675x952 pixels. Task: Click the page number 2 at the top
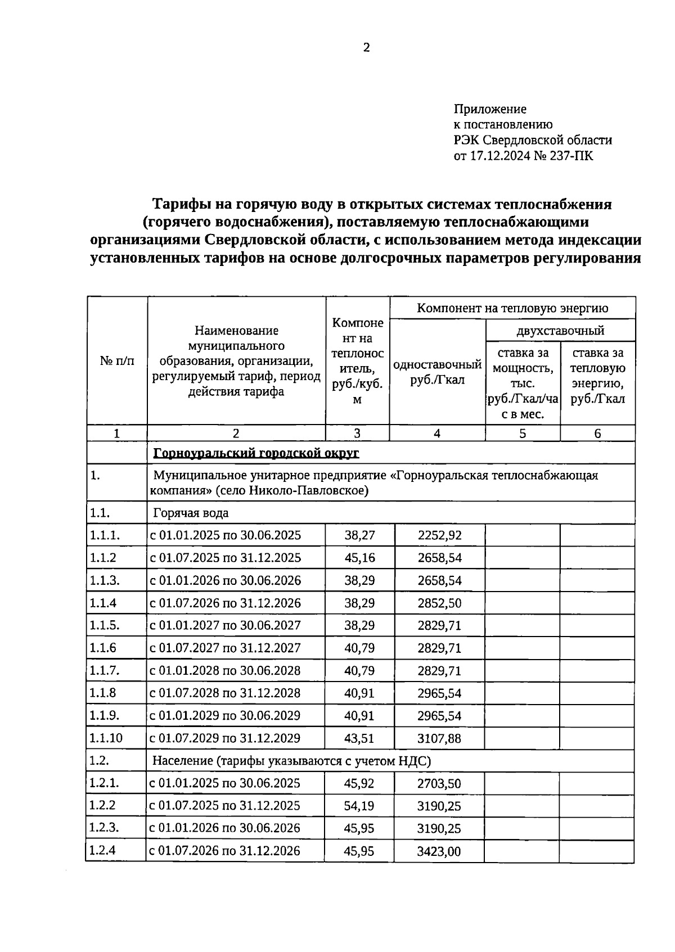(x=366, y=48)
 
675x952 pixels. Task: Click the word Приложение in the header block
(x=490, y=109)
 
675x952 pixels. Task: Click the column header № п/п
(x=117, y=360)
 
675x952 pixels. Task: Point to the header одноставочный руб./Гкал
(x=437, y=372)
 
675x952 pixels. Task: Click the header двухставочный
(x=560, y=330)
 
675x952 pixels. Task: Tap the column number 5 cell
(x=523, y=433)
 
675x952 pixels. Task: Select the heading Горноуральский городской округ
(x=256, y=453)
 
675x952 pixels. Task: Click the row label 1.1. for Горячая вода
(x=99, y=513)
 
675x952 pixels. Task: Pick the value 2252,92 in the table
(x=439, y=535)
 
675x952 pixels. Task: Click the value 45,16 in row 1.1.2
(x=359, y=558)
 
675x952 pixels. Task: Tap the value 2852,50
(x=439, y=603)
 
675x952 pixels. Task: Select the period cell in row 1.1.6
(x=225, y=648)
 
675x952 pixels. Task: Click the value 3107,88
(x=439, y=738)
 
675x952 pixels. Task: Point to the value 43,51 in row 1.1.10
(x=359, y=738)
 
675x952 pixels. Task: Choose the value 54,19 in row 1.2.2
(x=359, y=806)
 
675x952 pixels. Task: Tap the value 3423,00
(x=439, y=851)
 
